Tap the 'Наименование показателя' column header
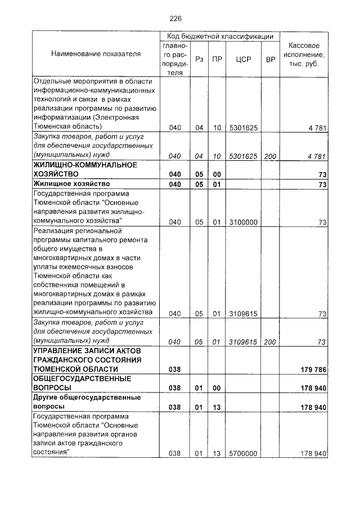click(96, 54)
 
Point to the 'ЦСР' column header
click(243, 59)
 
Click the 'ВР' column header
click(270, 59)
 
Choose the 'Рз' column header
click(199, 59)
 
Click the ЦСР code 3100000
click(243, 222)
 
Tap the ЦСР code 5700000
click(243, 453)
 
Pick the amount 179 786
click(313, 369)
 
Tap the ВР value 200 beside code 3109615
click(270, 341)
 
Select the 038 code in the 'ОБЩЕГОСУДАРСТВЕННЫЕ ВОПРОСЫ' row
click(175, 388)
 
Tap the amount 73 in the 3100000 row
click(322, 223)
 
